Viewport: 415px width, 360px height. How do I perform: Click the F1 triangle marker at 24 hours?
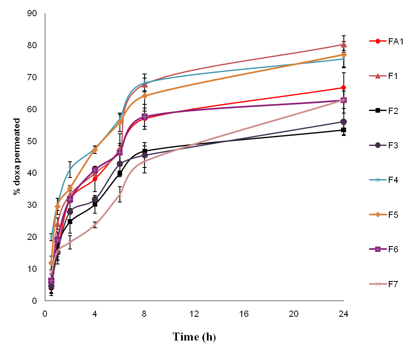coord(344,44)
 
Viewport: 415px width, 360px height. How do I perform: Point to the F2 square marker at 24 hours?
coord(344,130)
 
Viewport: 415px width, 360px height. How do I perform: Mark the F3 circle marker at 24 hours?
coord(344,122)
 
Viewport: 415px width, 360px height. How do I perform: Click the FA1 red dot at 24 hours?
coord(344,88)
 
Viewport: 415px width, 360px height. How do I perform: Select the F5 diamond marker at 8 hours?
coord(145,96)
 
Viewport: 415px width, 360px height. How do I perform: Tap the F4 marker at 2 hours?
coord(70,169)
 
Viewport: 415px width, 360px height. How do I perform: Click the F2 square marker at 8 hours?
coord(145,152)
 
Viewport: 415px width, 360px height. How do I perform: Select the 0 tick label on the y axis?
coord(34,301)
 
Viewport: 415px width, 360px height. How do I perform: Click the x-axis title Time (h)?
coord(194,337)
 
